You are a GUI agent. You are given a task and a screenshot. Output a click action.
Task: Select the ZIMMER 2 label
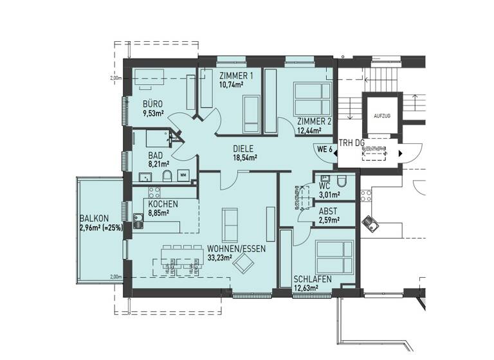pos(315,122)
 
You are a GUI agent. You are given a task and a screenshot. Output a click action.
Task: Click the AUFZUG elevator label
pos(381,116)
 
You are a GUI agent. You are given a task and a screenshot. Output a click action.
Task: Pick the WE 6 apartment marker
pos(324,148)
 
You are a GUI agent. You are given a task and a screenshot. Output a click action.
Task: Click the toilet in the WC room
pos(342,179)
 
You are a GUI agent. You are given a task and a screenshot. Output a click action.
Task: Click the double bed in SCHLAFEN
pos(335,257)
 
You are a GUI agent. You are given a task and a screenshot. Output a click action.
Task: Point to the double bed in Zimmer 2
pos(313,98)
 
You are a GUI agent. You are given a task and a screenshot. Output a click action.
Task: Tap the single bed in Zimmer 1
pos(250,113)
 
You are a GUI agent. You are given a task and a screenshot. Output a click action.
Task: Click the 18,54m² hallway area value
pos(244,157)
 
